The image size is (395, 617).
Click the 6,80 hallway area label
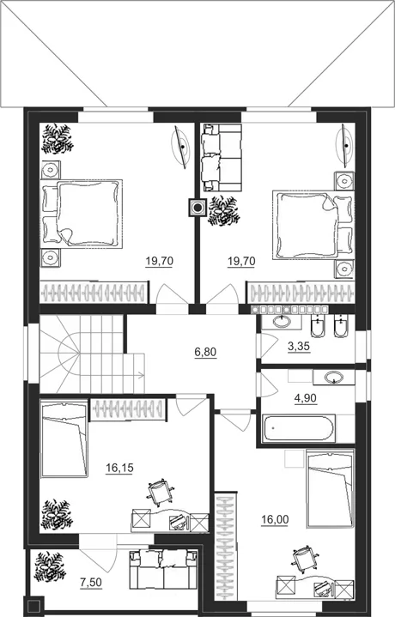tap(205, 352)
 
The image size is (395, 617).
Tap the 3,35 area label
tap(299, 347)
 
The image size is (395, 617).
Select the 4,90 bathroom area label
tap(306, 398)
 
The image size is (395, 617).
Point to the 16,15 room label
tap(119, 468)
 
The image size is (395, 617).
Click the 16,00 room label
tap(275, 520)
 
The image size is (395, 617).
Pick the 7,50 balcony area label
tap(91, 583)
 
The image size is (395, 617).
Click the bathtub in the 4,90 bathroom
tap(300, 428)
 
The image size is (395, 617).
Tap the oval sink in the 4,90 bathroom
tap(334, 378)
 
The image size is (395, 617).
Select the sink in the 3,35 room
tap(282, 322)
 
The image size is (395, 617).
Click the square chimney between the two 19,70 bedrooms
tap(197, 207)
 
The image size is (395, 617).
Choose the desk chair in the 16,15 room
tap(161, 492)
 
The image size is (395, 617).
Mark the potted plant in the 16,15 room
tap(58, 515)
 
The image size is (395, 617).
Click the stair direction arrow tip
tap(143, 375)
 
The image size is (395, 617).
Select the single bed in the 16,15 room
tap(64, 439)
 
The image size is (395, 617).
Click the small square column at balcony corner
tap(33, 607)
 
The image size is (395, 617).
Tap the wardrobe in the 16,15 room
tap(128, 409)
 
